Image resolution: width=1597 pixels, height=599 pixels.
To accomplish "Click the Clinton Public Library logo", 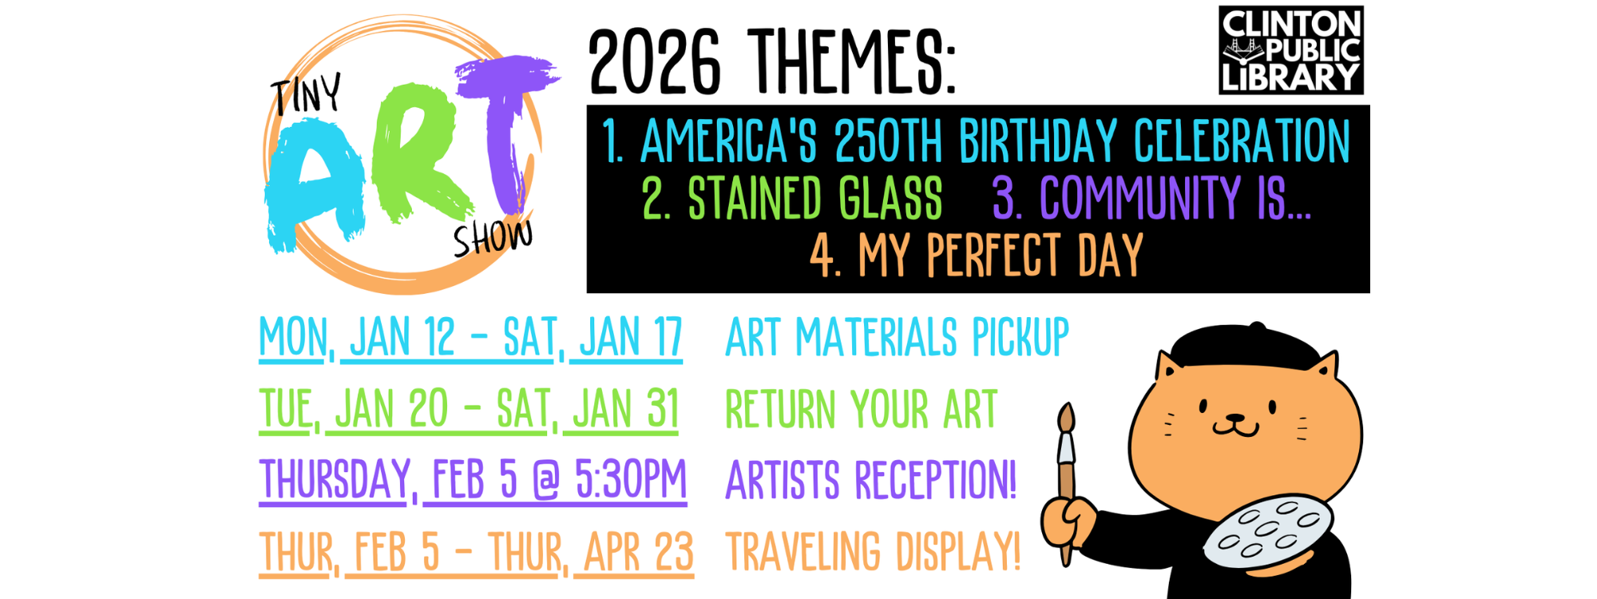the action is click(x=1290, y=50).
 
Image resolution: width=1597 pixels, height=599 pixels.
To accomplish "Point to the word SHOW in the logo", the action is click(x=493, y=237).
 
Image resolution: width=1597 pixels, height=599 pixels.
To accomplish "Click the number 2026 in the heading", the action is click(x=655, y=61).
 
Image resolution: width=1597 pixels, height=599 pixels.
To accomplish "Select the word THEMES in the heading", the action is click(x=853, y=61).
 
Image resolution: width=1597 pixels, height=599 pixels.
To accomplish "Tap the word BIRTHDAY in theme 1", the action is click(x=1037, y=141).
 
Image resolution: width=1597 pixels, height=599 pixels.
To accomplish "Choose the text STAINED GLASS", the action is click(x=814, y=198).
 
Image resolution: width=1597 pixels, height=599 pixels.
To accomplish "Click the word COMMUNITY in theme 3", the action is click(x=1140, y=198).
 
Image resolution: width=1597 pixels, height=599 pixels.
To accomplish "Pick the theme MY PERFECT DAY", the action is click(x=1001, y=256).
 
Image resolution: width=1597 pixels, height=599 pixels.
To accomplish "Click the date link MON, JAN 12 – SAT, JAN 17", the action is click(x=471, y=338).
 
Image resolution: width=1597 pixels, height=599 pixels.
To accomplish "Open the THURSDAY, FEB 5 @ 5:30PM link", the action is click(x=473, y=481).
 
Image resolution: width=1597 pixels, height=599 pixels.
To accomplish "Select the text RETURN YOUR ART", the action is click(x=861, y=409).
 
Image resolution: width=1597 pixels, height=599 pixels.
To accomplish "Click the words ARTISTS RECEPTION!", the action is click(x=870, y=480).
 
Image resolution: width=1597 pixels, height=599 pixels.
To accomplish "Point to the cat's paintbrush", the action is click(x=1066, y=483).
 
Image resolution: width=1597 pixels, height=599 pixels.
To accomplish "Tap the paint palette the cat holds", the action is click(x=1268, y=530).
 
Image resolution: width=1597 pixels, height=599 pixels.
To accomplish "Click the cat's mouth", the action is click(x=1235, y=427).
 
